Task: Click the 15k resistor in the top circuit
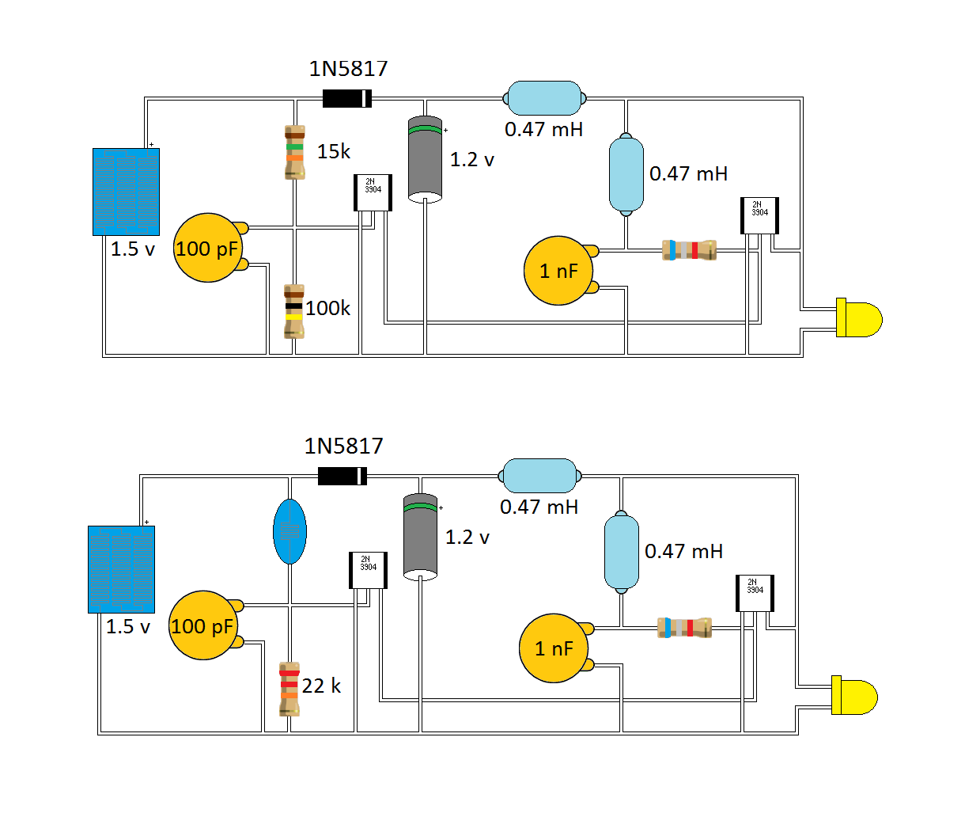tap(295, 152)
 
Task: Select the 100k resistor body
tap(294, 311)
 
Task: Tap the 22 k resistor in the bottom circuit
tap(289, 689)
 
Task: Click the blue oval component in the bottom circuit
tap(289, 531)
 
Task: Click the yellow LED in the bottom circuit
tap(854, 696)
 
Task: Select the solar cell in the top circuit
tap(126, 192)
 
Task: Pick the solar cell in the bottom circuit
tap(121, 569)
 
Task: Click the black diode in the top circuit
tap(347, 99)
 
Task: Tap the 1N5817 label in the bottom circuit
tap(343, 446)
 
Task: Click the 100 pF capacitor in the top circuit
tap(206, 248)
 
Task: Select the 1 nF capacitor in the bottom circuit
tap(554, 648)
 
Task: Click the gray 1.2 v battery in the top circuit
tap(425, 159)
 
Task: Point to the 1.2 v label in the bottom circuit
tap(467, 538)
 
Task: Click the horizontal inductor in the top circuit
tap(544, 98)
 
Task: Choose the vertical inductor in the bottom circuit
tap(622, 552)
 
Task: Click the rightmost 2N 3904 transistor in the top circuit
tap(759, 215)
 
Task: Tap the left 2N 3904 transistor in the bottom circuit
tap(368, 570)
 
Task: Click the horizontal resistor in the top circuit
tap(689, 250)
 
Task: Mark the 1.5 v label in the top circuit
tap(133, 249)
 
